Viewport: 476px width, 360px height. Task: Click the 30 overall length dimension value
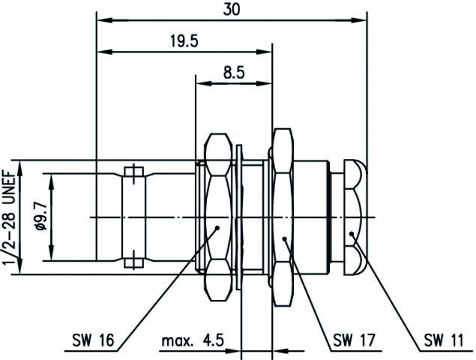(232, 10)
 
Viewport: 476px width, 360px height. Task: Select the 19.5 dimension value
(184, 41)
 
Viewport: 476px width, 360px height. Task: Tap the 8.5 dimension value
(234, 73)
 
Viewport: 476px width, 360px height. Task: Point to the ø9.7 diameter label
(41, 217)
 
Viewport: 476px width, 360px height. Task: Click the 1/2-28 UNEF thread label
(9, 217)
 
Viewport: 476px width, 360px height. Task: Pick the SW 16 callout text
(93, 340)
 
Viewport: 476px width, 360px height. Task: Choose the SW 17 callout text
(355, 340)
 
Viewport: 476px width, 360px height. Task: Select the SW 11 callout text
(444, 340)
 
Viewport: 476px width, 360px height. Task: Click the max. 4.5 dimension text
(193, 340)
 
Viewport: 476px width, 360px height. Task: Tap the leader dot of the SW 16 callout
(217, 227)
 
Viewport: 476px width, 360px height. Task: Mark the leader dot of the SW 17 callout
(284, 238)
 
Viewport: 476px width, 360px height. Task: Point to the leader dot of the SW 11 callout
(352, 233)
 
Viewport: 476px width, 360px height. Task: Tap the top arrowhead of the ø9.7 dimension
(52, 181)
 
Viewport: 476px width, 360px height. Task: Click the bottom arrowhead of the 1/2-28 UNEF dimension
(19, 266)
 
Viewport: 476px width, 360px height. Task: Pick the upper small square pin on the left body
(134, 172)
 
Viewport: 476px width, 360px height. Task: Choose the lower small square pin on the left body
(134, 262)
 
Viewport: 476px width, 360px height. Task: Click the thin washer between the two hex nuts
(239, 217)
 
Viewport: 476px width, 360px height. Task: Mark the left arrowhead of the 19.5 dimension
(104, 52)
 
